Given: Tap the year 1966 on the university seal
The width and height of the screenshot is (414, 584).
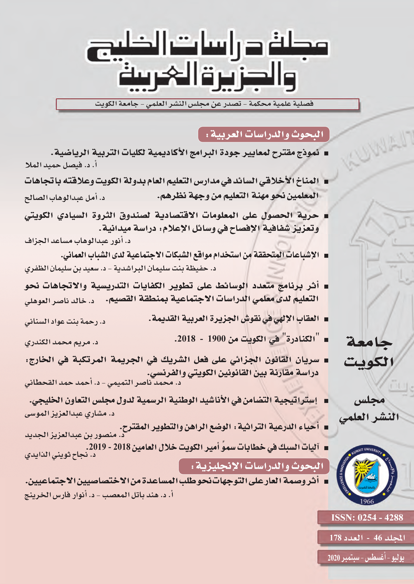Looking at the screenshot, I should pyautogui.click(x=367, y=501).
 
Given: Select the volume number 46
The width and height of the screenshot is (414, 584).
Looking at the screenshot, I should pyautogui.click(x=378, y=538).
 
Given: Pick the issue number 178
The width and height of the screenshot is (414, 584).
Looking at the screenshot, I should pyautogui.click(x=335, y=538).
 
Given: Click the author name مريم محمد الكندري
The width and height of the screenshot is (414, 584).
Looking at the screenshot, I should pyautogui.click(x=58, y=343).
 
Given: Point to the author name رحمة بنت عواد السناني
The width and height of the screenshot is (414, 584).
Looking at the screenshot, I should pyautogui.click(x=61, y=322).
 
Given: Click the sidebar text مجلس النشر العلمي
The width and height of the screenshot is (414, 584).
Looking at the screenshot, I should pyautogui.click(x=369, y=408).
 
